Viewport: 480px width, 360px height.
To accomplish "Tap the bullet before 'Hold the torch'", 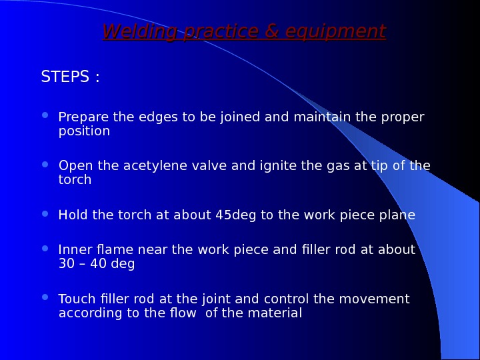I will pos(45,213).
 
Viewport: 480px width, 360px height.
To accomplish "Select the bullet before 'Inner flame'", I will pos(45,248).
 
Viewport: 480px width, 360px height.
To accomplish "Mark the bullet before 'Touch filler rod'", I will pos(45,297).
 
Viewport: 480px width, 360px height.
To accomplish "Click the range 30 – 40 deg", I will pos(97,264).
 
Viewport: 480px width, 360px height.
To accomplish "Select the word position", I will pos(84,131).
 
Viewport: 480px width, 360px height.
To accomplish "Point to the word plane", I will pos(397,215).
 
